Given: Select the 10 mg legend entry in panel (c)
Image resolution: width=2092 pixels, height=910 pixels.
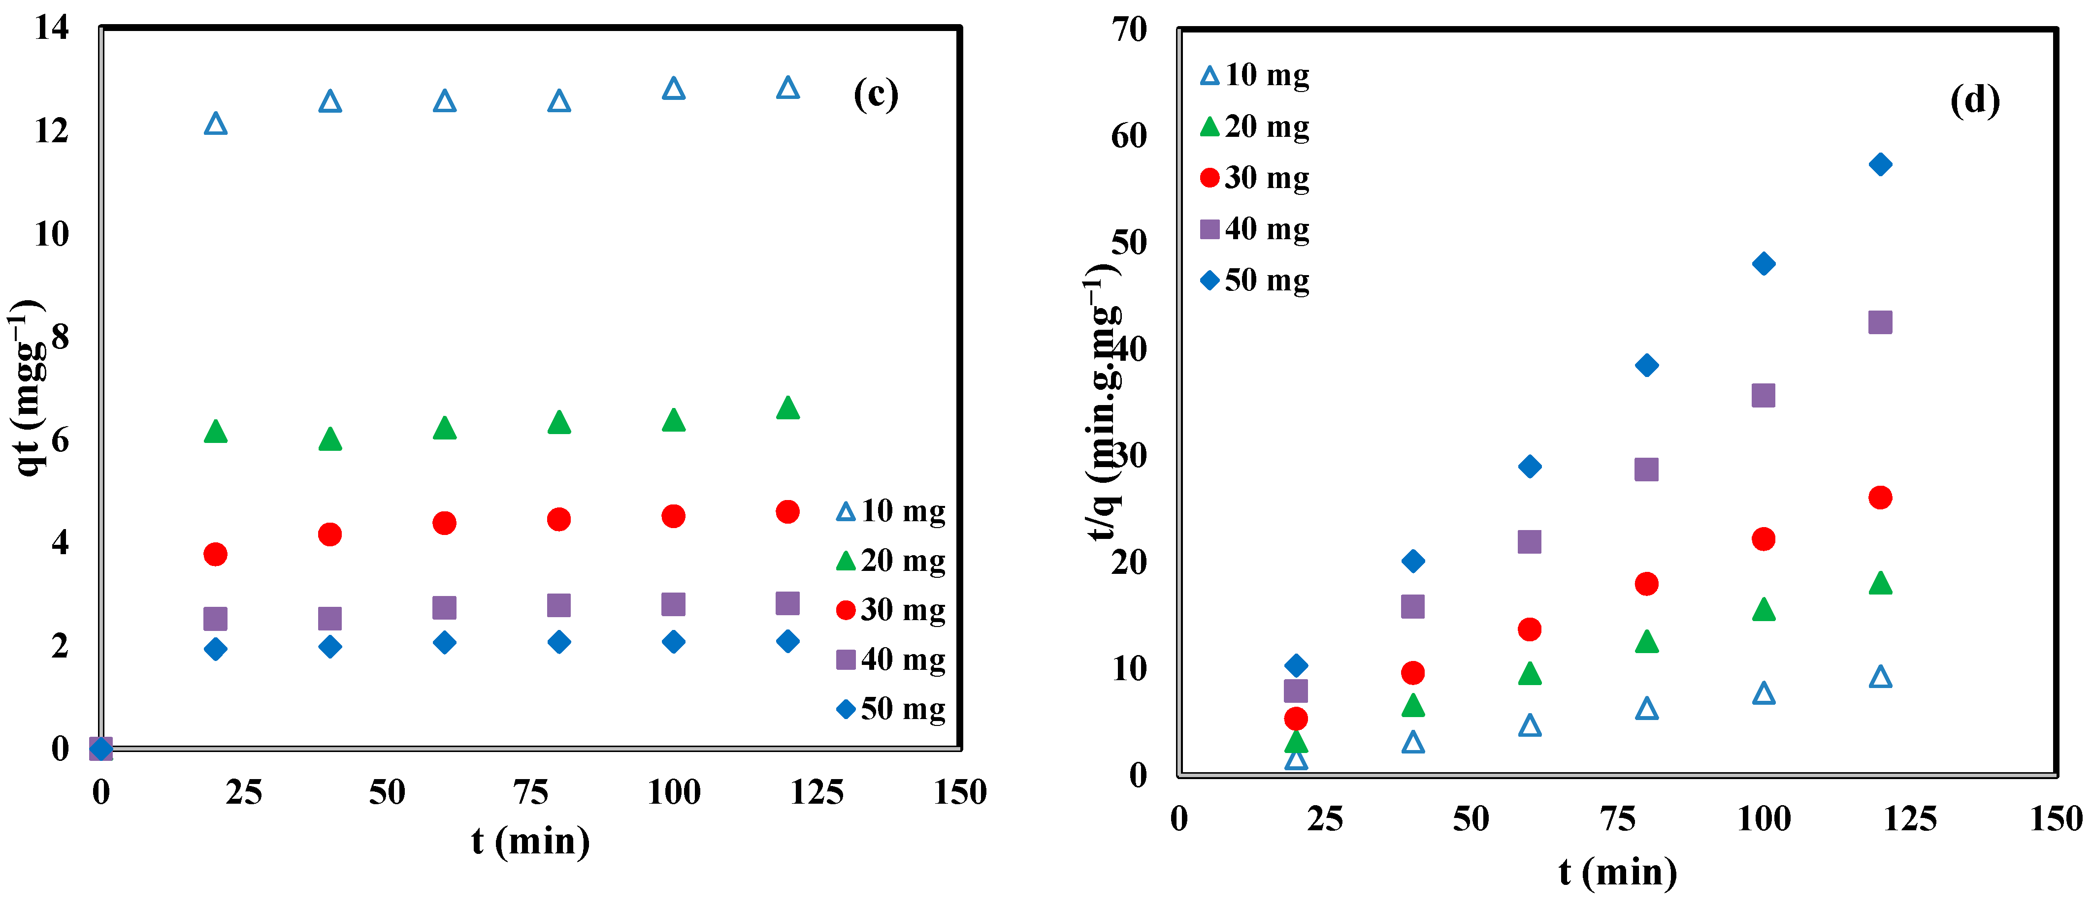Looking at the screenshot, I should pos(891,511).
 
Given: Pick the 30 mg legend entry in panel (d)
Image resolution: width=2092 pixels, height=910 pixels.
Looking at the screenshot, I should pos(1255,178).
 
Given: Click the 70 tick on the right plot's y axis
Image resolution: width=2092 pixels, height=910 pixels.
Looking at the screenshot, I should pos(1130,30).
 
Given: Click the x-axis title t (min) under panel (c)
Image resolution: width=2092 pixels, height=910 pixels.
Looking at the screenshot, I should pos(530,842).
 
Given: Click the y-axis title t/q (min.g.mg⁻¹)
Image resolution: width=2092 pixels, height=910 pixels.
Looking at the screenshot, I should pos(1103,402).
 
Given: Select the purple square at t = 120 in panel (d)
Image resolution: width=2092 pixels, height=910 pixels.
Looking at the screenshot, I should pos(1880,322).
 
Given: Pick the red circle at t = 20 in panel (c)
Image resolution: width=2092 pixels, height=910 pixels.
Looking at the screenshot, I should pos(215,555).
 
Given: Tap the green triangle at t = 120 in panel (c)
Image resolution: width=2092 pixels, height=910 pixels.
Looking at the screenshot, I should pos(788,408).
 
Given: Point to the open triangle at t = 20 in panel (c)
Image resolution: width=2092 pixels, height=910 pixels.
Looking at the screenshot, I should pos(215,124).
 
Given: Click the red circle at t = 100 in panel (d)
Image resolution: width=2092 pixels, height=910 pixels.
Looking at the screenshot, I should pos(1763,539).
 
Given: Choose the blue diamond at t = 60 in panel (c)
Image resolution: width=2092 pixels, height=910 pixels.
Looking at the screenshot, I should pos(444,643).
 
